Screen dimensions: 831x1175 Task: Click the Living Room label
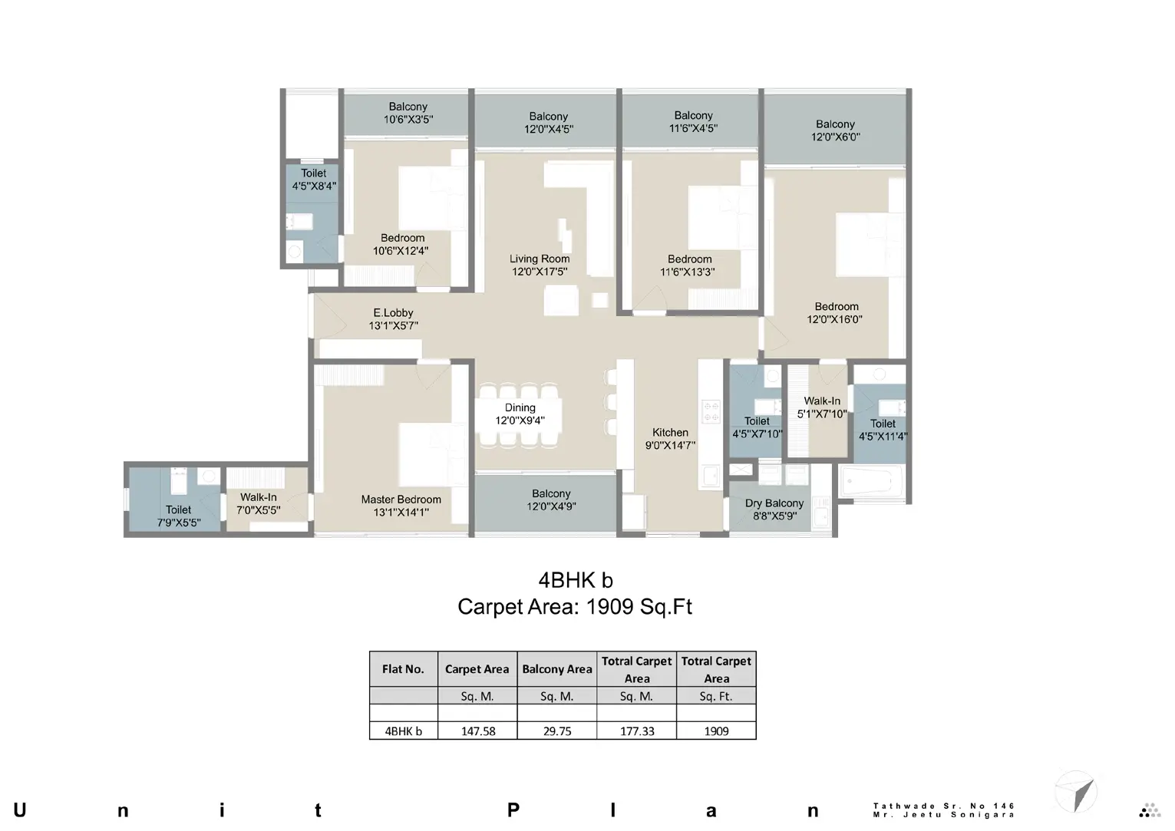click(x=540, y=259)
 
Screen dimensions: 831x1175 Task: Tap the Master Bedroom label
click(x=401, y=500)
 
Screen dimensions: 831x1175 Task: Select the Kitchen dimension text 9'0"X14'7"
click(x=669, y=445)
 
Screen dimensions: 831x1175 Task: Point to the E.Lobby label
click(x=393, y=313)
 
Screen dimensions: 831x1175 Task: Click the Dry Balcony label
click(x=774, y=503)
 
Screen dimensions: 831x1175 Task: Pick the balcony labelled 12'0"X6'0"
click(x=835, y=130)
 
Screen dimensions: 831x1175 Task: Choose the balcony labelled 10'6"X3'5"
click(x=408, y=114)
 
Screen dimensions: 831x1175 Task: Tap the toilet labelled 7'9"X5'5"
click(x=178, y=516)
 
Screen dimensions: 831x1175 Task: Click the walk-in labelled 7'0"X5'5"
click(x=258, y=503)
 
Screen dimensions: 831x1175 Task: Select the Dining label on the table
click(x=520, y=407)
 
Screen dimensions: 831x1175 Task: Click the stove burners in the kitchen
click(x=711, y=412)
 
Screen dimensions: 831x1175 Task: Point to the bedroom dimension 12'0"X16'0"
click(x=834, y=319)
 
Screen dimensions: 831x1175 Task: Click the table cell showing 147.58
click(x=477, y=731)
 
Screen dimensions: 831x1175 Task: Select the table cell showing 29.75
click(x=557, y=731)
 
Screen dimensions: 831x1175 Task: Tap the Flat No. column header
click(x=403, y=669)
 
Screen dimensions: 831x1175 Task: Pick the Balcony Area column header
click(x=557, y=669)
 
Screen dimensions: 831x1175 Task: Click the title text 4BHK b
click(x=575, y=580)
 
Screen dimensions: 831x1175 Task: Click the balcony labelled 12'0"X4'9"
click(x=550, y=500)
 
